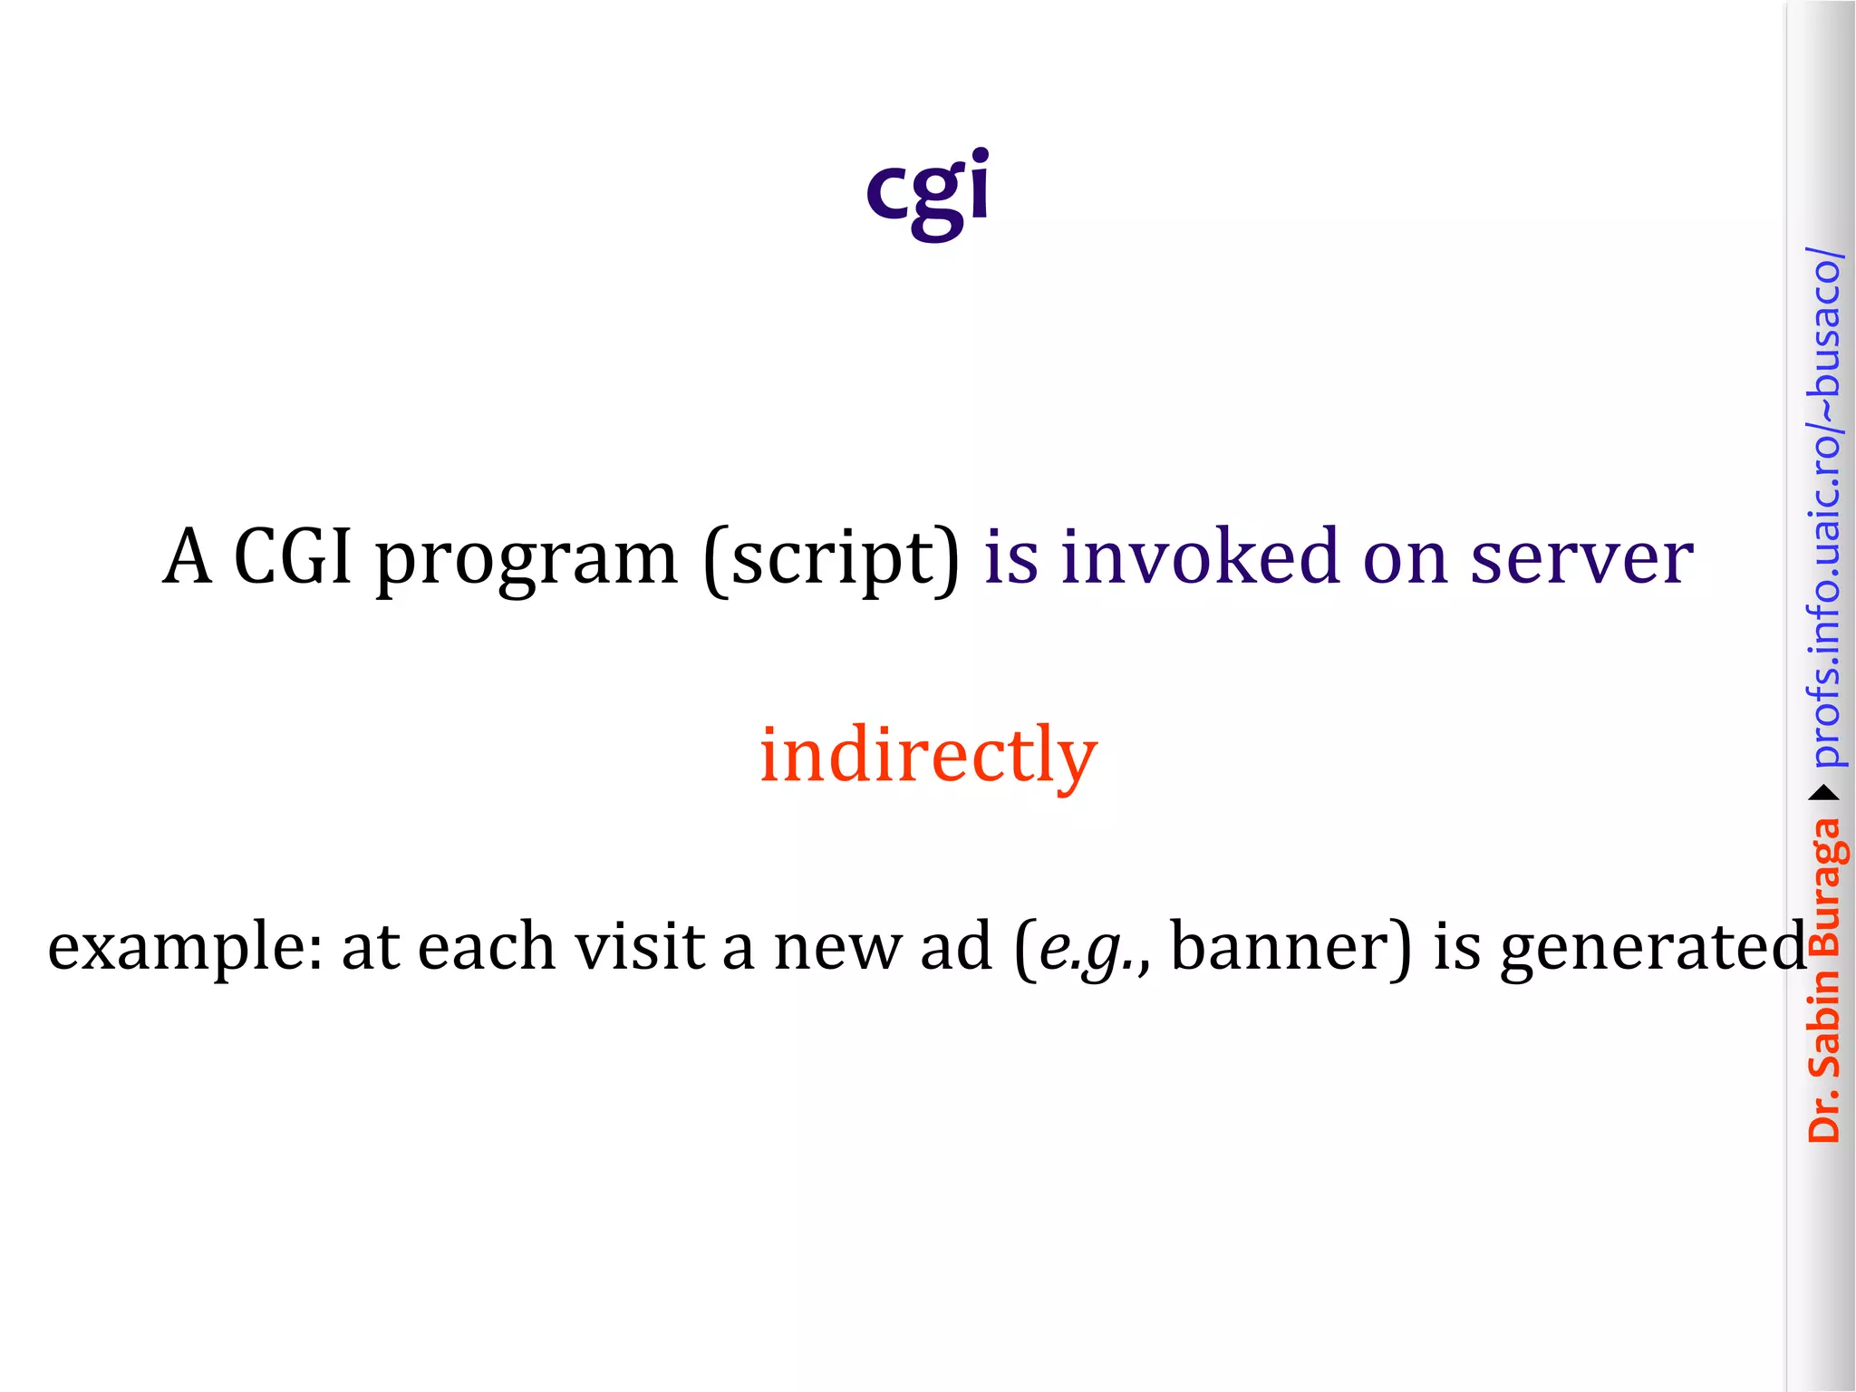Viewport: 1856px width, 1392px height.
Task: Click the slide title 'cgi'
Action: tap(927, 190)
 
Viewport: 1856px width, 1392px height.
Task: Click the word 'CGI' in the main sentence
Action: tap(292, 556)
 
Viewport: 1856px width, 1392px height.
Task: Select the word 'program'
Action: tap(527, 560)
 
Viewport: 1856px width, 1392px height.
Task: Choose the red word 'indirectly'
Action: tap(928, 754)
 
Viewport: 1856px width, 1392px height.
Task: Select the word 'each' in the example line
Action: tap(487, 946)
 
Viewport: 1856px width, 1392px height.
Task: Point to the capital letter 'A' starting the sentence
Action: tap(188, 556)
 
